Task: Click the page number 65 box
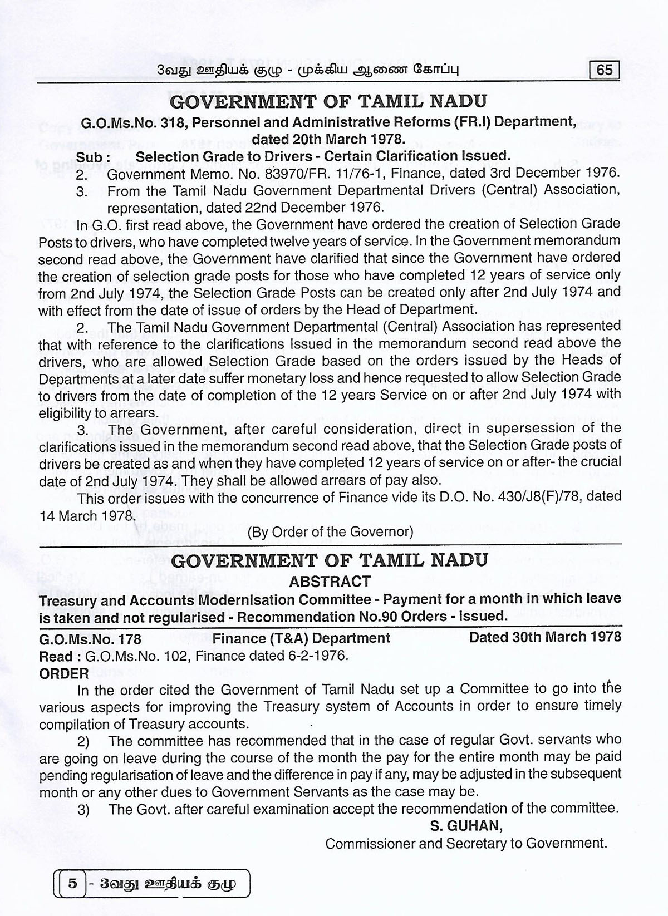604,70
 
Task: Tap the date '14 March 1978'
85,515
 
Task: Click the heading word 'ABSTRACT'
330,582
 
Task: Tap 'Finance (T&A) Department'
301,638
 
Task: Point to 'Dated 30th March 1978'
545,637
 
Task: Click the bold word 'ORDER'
64,673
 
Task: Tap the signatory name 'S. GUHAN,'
466,826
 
